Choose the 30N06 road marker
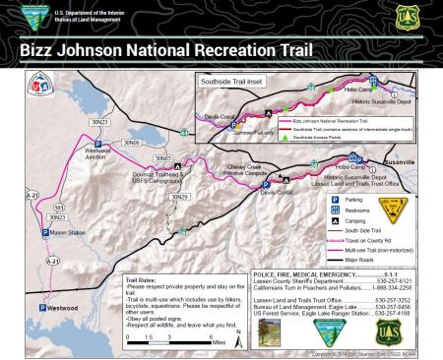[131, 144]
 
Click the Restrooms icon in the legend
[335, 208]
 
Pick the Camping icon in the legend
[335, 220]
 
